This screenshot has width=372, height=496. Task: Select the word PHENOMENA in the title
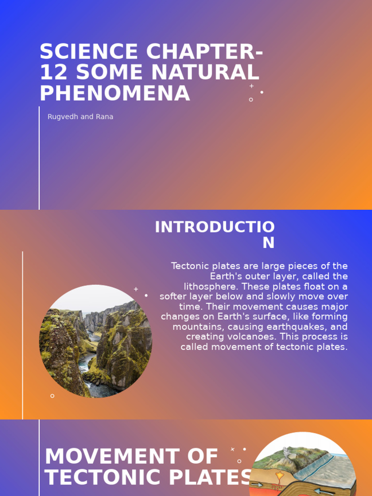pos(115,93)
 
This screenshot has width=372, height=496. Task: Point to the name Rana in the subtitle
pos(104,117)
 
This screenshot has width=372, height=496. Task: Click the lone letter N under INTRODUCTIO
pos(268,243)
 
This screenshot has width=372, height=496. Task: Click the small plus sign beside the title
pos(251,86)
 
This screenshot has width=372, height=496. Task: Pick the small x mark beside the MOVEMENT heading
pos(232,449)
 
